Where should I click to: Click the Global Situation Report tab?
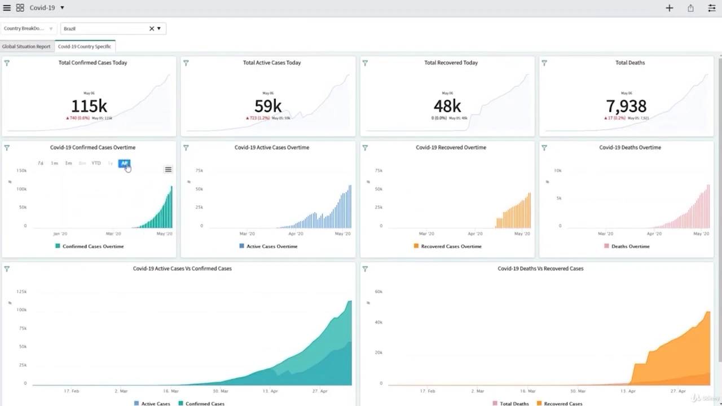click(26, 47)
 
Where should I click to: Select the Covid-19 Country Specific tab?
click(85, 47)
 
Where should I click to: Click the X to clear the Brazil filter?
click(151, 29)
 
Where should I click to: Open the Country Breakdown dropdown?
click(28, 29)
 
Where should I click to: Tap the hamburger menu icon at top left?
click(7, 8)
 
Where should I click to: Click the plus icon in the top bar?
click(669, 8)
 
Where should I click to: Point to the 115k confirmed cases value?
click(89, 106)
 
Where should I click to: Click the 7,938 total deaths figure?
click(626, 106)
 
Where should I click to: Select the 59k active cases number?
click(268, 106)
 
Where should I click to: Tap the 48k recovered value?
click(447, 106)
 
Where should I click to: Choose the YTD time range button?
click(96, 164)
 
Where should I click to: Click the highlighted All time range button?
click(124, 164)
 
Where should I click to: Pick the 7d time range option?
click(41, 164)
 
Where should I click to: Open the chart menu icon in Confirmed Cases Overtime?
click(168, 170)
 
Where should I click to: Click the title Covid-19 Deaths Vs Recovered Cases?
click(540, 268)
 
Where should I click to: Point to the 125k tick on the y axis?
click(21, 292)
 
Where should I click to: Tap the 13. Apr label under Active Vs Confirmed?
click(270, 391)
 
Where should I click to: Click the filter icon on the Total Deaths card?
click(544, 63)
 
